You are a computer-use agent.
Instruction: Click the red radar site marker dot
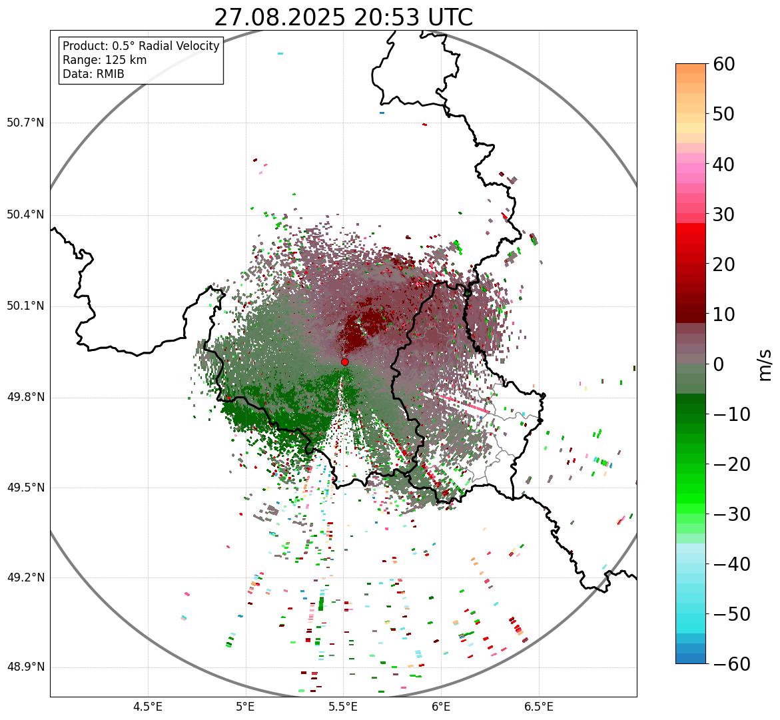345,362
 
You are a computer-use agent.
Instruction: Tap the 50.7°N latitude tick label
25,123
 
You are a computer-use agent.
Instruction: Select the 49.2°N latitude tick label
25,577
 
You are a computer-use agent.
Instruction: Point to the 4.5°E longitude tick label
148,707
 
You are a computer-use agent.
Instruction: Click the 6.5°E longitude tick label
538,707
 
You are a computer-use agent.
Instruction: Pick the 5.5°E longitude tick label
343,707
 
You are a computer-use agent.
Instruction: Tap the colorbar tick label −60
728,664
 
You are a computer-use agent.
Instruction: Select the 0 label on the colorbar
719,364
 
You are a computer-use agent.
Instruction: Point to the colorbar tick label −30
728,514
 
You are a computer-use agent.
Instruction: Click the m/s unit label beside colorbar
765,364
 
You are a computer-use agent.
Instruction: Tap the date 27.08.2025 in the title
280,18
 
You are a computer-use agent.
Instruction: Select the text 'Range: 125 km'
105,60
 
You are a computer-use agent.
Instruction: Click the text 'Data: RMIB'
93,74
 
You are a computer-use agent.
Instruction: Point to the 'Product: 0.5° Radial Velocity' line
141,46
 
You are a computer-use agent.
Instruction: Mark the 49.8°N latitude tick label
25,398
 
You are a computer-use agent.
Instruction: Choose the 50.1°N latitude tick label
25,306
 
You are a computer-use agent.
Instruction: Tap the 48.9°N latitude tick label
25,667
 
